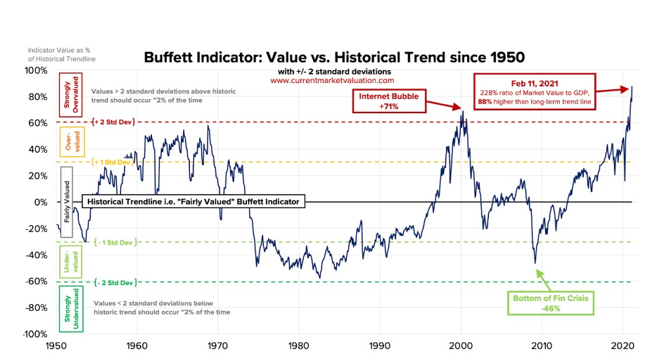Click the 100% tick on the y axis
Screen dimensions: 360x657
pos(37,70)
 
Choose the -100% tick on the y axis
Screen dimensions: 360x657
pos(35,334)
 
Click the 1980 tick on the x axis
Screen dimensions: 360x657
pos(299,347)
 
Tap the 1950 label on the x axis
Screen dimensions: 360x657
pos(56,347)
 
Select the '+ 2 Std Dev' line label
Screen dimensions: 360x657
pos(113,122)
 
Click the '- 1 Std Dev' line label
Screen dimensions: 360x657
pos(113,242)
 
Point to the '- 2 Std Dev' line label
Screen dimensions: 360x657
pos(113,282)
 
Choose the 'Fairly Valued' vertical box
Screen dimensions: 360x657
pos(68,202)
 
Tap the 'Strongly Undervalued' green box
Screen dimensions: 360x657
pos(71,309)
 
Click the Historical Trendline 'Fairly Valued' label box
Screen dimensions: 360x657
pos(193,202)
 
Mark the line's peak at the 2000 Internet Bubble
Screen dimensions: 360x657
pos(461,110)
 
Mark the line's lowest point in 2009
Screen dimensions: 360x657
pos(535,263)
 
